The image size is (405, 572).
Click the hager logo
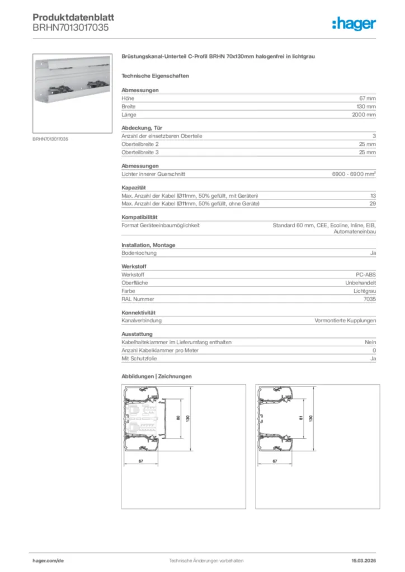(x=354, y=23)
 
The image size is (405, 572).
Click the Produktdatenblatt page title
(x=73, y=17)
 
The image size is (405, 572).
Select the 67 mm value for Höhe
(x=367, y=98)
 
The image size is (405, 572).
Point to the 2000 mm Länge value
(x=364, y=115)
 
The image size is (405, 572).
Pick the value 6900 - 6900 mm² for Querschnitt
(x=354, y=174)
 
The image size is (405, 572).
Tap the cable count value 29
(x=373, y=204)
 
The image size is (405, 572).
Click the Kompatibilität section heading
(x=139, y=217)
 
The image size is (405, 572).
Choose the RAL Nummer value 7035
(x=369, y=299)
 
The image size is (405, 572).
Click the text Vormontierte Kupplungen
(x=345, y=321)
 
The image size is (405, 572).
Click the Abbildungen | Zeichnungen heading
(x=157, y=376)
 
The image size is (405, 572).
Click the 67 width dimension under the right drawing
(x=275, y=461)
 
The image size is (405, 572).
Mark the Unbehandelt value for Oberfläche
(x=361, y=283)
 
